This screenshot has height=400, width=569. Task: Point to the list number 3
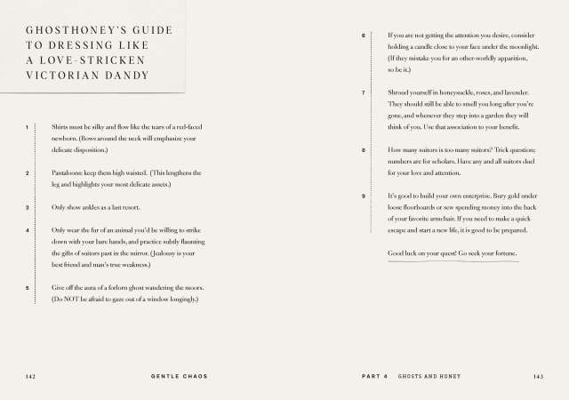28,207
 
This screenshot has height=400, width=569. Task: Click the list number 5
28,288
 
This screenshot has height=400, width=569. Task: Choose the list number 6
364,36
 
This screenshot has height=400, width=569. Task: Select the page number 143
537,377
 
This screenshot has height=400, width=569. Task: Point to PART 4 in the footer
375,377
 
